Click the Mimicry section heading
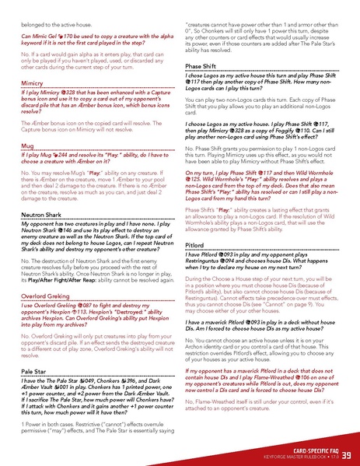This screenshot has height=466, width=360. (32, 82)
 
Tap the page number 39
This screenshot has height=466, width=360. (345, 454)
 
